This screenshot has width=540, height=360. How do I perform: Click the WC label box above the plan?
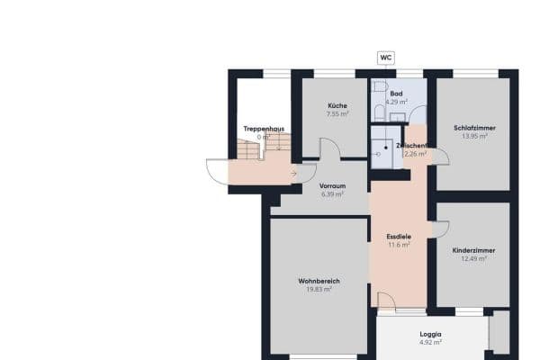tap(385, 58)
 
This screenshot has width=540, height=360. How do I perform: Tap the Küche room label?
tap(337, 106)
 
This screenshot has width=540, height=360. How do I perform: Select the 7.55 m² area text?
tap(337, 114)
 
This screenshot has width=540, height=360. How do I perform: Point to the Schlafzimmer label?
tap(475, 128)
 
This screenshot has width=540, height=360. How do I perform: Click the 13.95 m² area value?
tap(475, 136)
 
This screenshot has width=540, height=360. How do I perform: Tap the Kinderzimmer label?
tap(474, 250)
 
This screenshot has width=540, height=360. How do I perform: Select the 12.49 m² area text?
tap(474, 258)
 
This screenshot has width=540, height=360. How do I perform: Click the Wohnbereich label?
tap(319, 282)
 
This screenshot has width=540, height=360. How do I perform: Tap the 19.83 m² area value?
tap(319, 290)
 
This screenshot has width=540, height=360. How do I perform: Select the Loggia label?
tap(431, 334)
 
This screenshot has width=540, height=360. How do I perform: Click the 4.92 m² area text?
tap(431, 342)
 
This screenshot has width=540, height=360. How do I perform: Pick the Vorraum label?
tap(332, 185)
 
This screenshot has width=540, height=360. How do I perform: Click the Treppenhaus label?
tap(264, 129)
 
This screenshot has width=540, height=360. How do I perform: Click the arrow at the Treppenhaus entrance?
tap(294, 173)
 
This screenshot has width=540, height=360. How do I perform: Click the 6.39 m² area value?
tap(332, 193)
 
